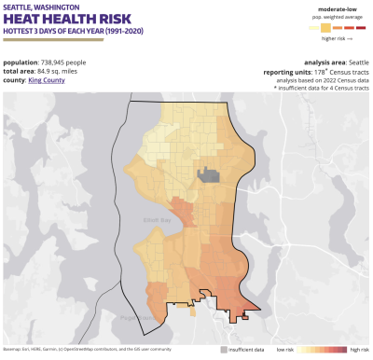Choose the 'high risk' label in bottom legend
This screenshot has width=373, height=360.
[358, 349]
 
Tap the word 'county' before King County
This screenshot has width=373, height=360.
[15, 80]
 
